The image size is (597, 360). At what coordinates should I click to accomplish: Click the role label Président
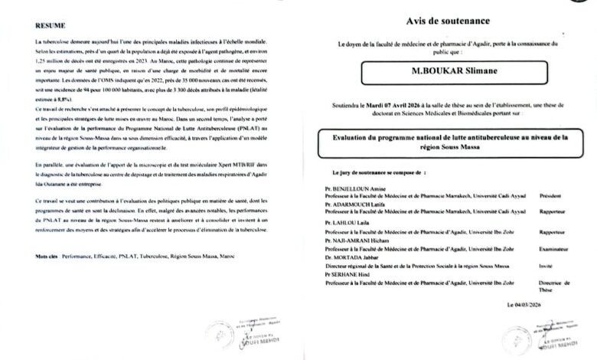[x=551, y=195]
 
